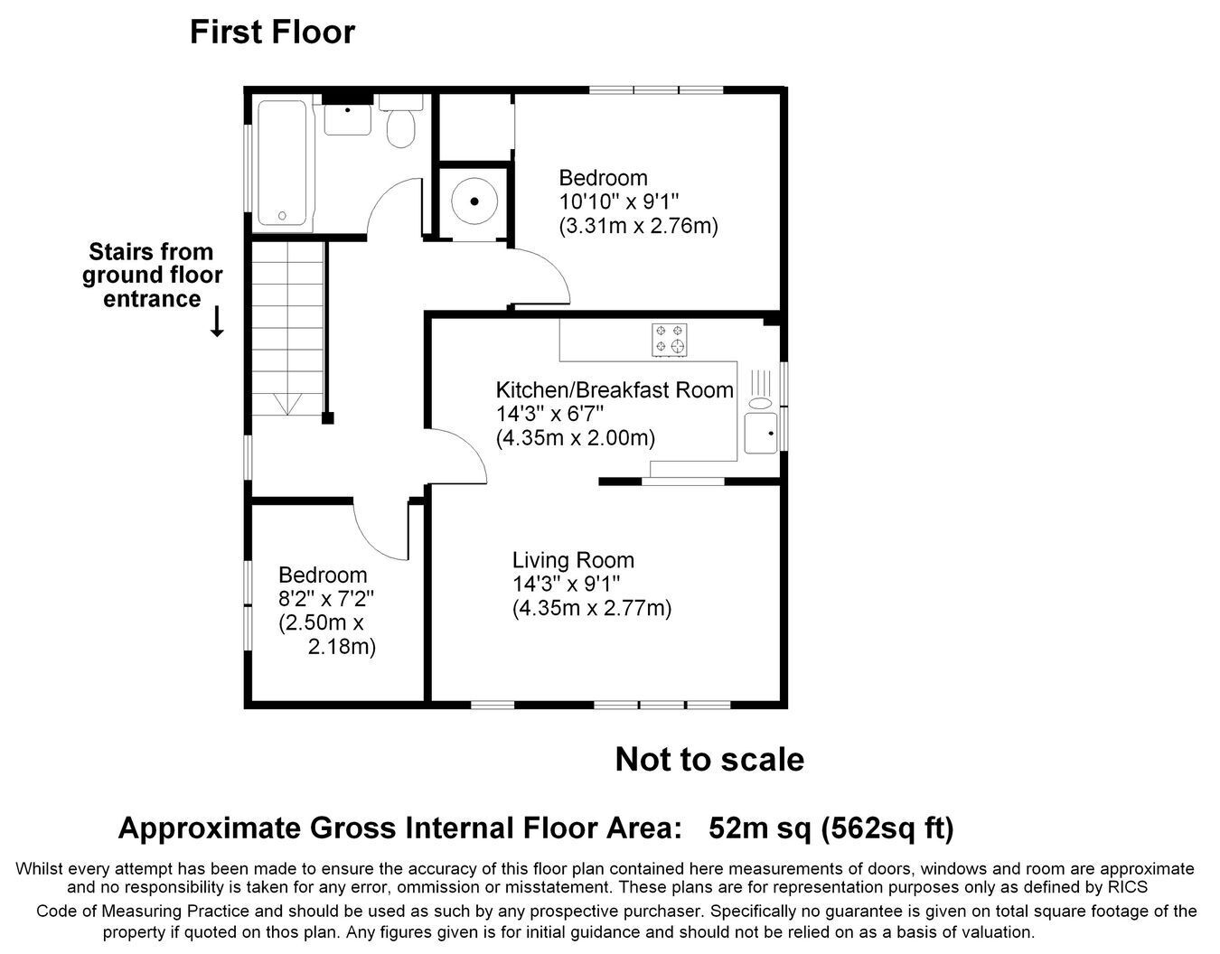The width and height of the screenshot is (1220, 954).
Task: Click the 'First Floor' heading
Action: [272, 32]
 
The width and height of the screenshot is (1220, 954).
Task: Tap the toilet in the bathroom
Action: [401, 121]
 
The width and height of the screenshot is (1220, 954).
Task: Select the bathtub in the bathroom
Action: [282, 163]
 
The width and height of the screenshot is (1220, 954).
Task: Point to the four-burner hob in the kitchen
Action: [670, 340]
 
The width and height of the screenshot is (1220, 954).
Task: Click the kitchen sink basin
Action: [761, 434]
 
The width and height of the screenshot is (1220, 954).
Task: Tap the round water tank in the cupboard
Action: [475, 201]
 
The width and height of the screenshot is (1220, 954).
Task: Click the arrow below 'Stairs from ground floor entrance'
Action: [217, 322]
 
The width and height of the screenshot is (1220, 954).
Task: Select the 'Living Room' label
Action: [573, 560]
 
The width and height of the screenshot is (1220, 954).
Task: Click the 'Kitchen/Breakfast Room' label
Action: [615, 390]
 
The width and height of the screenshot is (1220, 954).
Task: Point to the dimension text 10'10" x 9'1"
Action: [619, 201]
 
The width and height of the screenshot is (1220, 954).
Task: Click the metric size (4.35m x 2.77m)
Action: [592, 608]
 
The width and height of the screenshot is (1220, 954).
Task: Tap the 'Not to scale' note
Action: [709, 759]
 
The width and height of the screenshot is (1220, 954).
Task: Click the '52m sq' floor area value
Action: [760, 828]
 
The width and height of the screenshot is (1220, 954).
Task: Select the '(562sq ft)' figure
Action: [887, 828]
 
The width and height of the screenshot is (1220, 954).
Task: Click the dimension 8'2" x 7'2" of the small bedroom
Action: [326, 599]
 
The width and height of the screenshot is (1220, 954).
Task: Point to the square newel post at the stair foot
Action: [328, 418]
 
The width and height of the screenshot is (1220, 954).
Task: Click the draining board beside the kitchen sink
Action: [760, 388]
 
